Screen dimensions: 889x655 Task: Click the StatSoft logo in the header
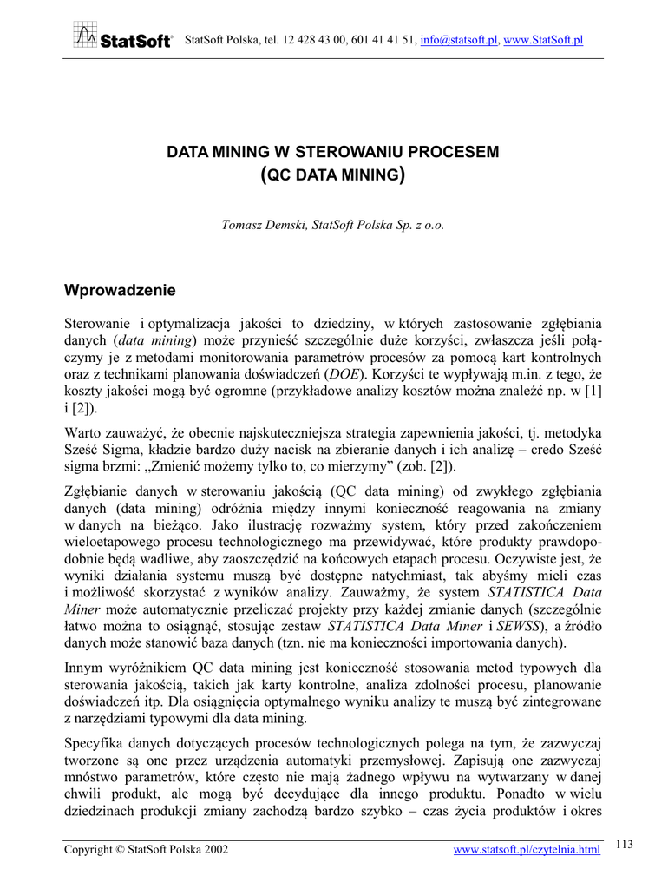coord(122,37)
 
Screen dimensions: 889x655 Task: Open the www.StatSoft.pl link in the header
coord(544,40)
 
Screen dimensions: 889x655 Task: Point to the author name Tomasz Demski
coord(262,224)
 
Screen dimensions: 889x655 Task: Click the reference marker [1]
coord(593,392)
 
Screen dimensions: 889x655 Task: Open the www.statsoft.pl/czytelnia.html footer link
coord(527,849)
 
